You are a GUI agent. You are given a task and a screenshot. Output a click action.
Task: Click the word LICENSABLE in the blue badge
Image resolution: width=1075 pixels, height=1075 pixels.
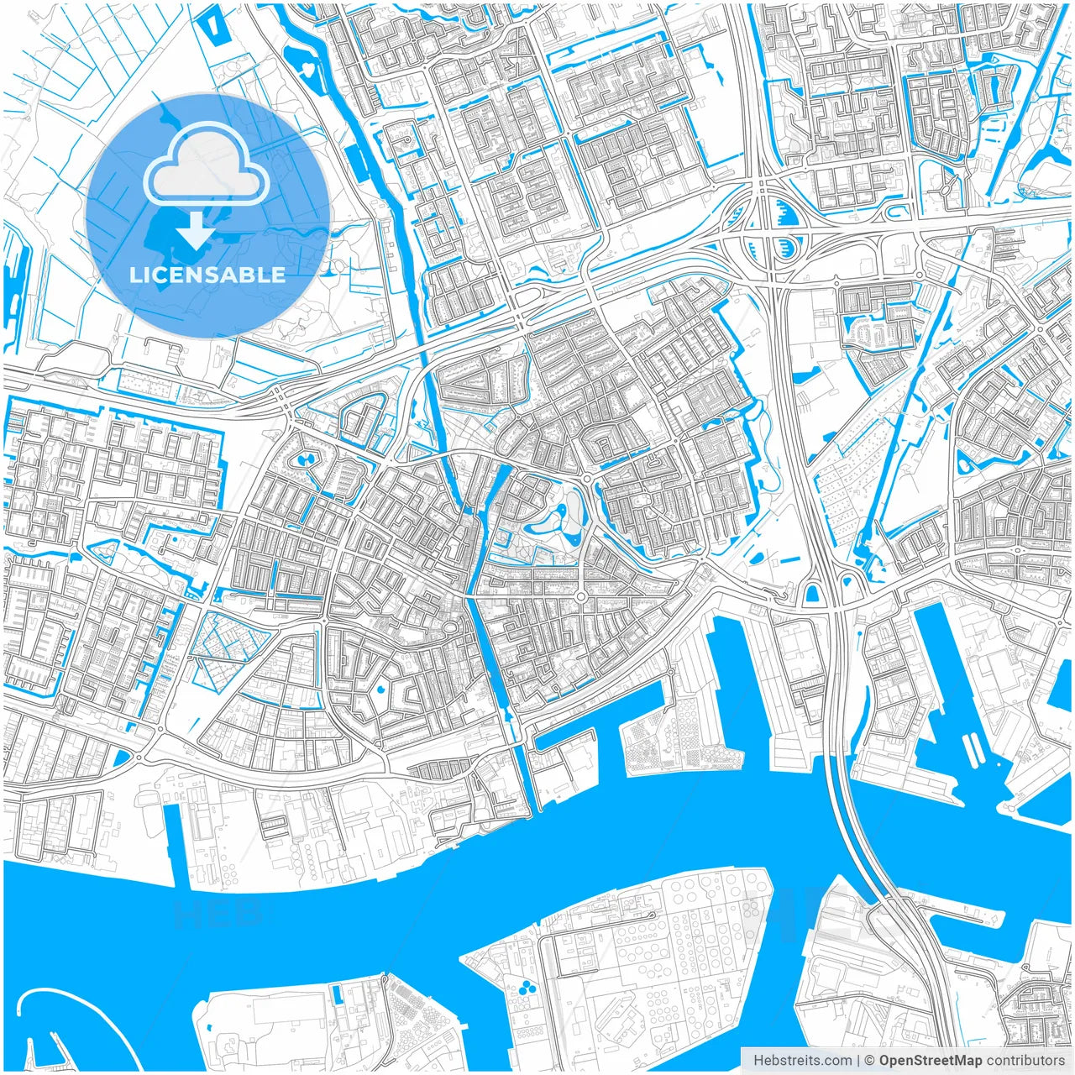coord(207,275)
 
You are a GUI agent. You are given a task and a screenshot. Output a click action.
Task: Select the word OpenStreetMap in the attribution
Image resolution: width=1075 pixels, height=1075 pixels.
coord(931,1061)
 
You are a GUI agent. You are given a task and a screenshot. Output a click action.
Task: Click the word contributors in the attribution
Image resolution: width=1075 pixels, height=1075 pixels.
coord(1025,1061)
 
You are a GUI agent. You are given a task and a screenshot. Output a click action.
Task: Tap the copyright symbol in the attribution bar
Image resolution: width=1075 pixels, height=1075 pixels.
coord(870,1061)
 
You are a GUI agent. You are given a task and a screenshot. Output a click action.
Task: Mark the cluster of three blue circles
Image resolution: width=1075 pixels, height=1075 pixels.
coord(527,984)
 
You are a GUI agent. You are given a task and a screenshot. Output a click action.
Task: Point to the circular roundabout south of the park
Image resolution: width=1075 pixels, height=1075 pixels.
coord(579,597)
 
